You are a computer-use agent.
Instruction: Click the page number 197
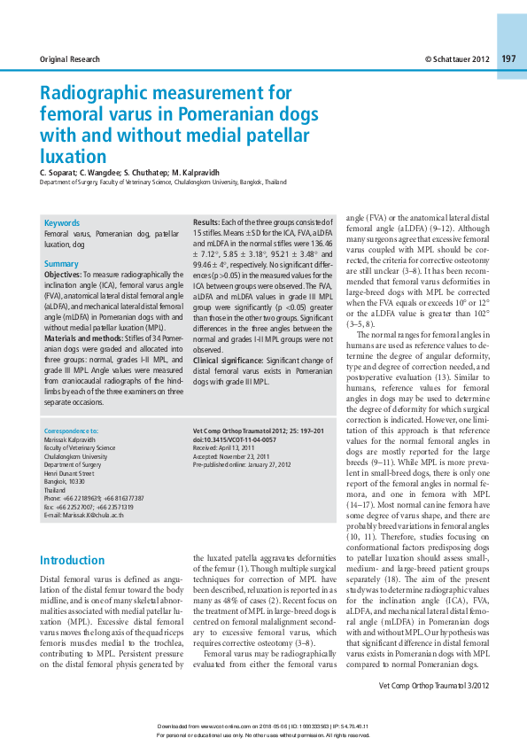point(508,58)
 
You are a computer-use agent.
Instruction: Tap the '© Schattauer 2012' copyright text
point(456,58)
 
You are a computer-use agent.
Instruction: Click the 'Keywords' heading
point(62,223)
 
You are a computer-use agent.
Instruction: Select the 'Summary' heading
point(61,264)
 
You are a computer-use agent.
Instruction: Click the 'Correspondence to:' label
point(71,431)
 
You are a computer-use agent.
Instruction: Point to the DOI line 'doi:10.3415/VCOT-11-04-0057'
point(234,439)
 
